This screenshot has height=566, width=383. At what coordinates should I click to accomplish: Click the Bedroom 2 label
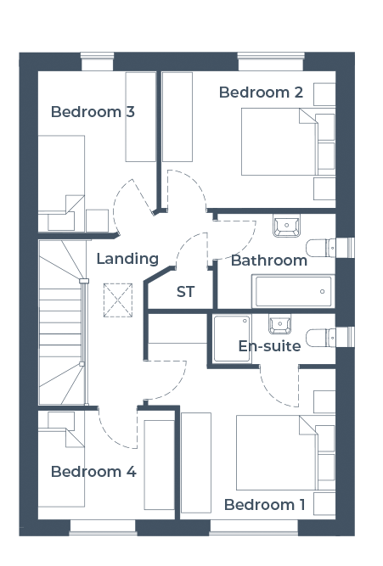tap(261, 92)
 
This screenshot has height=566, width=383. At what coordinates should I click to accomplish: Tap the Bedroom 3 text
tap(93, 112)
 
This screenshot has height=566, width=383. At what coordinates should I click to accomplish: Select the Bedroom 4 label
tap(93, 472)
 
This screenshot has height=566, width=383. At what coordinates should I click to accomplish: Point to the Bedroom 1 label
tap(264, 505)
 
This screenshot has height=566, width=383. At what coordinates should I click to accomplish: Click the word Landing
tap(127, 259)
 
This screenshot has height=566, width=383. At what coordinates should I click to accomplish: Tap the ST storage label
tap(186, 292)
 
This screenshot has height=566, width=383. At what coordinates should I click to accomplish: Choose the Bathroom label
tap(269, 261)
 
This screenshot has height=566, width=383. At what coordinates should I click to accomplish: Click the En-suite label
tap(269, 346)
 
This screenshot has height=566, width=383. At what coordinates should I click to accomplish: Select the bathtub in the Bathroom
tap(293, 291)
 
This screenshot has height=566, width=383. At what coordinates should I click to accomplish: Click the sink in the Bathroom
tap(286, 226)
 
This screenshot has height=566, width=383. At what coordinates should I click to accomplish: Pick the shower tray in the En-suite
tap(232, 339)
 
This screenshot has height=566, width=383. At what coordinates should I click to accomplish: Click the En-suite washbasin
tap(279, 324)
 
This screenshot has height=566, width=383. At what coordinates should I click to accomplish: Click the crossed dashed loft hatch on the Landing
tap(118, 300)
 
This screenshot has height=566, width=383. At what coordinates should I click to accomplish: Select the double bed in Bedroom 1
tap(286, 452)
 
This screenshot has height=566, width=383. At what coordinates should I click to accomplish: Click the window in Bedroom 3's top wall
tap(97, 61)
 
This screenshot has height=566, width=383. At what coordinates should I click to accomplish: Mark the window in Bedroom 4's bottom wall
tap(103, 527)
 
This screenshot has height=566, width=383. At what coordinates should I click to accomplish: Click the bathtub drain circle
tap(323, 291)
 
